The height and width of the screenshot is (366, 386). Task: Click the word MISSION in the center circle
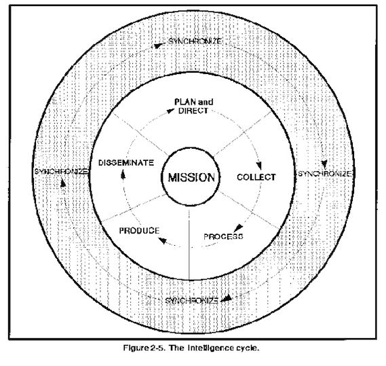click(191, 177)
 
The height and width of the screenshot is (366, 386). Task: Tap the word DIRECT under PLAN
click(193, 111)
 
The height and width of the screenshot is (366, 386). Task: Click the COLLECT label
click(256, 177)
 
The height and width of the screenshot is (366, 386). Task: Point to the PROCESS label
click(223, 236)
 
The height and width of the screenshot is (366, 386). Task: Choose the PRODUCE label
click(139, 231)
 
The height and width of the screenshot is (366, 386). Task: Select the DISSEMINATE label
click(126, 163)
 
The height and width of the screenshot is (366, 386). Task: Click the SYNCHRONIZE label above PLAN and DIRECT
click(195, 41)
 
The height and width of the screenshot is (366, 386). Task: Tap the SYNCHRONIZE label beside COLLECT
click(325, 174)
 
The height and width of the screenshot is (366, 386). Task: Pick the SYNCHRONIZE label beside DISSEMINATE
click(61, 171)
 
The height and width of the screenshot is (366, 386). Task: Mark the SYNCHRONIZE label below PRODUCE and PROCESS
click(191, 301)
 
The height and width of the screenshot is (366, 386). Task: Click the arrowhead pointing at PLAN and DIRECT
click(170, 111)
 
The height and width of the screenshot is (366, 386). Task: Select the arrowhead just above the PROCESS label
click(238, 227)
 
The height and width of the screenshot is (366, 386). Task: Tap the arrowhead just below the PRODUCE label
click(163, 240)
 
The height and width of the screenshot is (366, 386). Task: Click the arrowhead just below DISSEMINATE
click(123, 175)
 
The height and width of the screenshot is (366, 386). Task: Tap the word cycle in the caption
click(248, 348)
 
